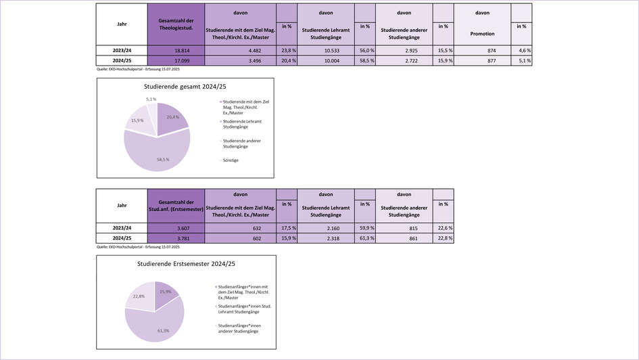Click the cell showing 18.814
tap(176, 50)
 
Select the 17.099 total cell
tap(176, 61)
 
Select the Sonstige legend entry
tap(230, 160)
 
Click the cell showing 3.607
tap(176, 227)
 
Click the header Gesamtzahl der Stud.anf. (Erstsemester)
tap(176, 206)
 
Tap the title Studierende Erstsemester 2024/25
tap(185, 263)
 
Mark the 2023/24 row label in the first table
tap(122, 50)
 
